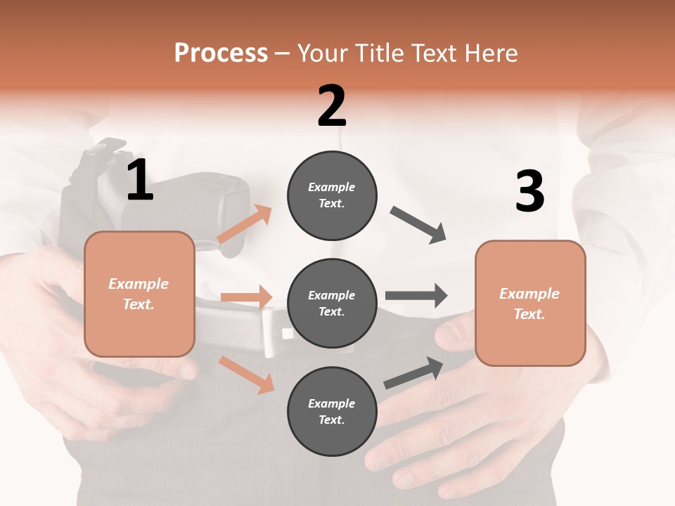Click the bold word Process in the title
221,53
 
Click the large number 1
140,180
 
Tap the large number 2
332,106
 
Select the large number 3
529,191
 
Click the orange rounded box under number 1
139,294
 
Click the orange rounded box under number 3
530,304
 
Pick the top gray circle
332,195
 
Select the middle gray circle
332,304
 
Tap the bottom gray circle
332,412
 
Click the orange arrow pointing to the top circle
245,224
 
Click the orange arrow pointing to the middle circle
246,297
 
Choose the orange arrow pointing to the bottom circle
246,374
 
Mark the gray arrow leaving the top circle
418,224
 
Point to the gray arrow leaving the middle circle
416,296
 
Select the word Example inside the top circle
332,187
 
